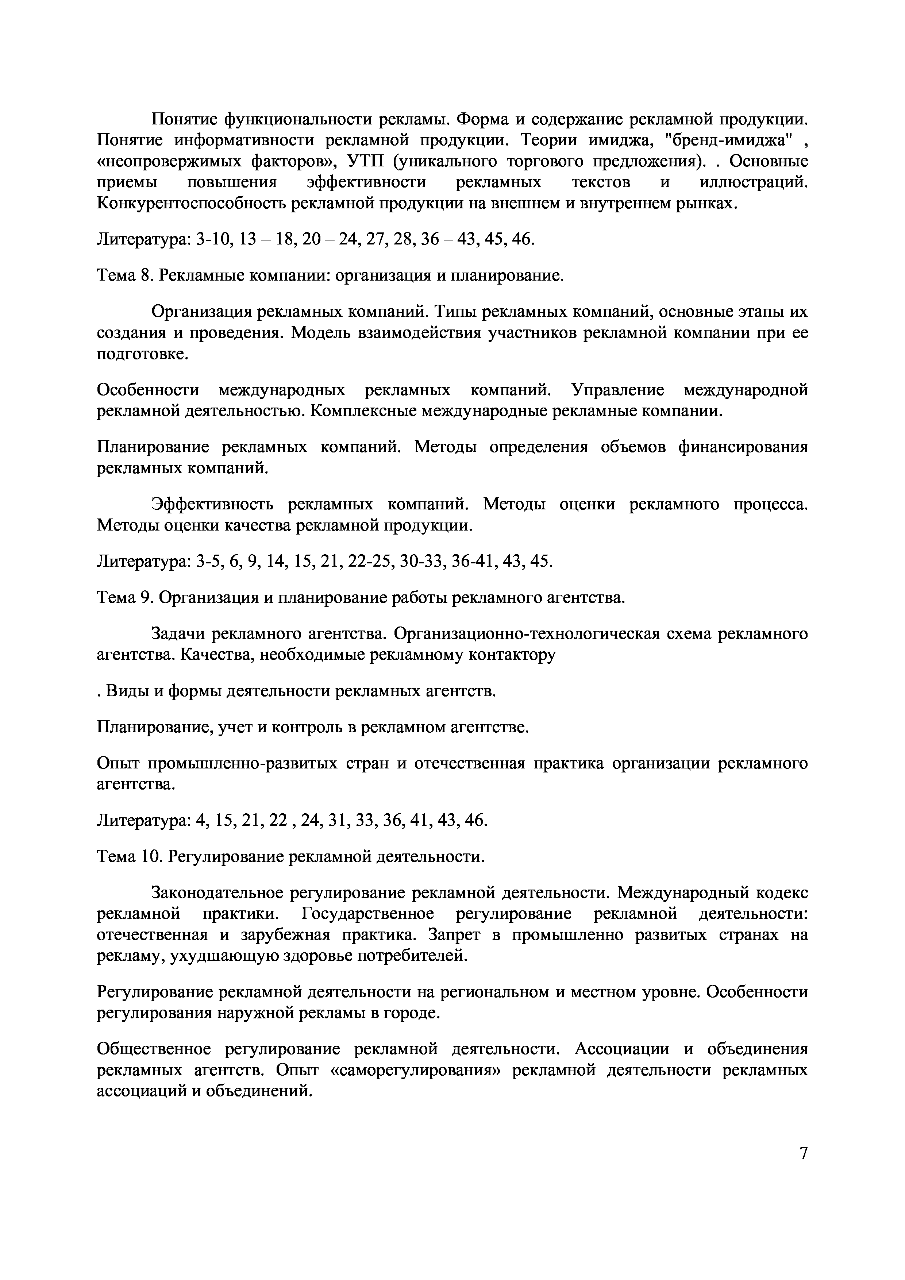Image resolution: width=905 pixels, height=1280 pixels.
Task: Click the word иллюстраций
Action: click(753, 183)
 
